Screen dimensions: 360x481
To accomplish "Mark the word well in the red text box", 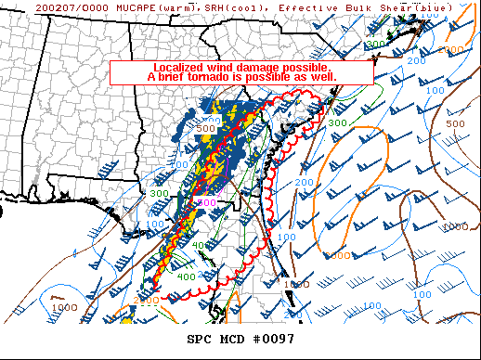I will [334, 77].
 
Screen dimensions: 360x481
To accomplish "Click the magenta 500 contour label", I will [209, 201].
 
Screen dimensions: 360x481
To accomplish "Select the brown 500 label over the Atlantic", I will [455, 123].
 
